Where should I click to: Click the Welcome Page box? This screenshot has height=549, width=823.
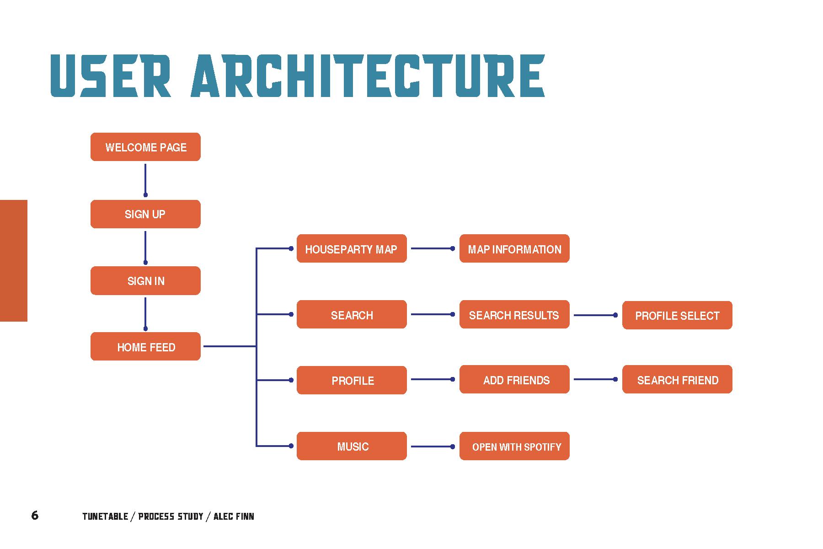[145, 147]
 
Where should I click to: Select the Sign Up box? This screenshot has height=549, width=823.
[145, 214]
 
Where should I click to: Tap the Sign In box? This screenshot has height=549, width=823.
[145, 280]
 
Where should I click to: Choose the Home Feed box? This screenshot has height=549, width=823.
[145, 346]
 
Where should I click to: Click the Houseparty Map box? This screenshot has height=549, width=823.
[352, 248]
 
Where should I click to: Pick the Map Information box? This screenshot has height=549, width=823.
[514, 248]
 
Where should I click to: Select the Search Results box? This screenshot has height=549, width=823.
[514, 314]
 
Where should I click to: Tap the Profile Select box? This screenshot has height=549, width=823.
[677, 315]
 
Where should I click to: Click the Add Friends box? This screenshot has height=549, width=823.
[514, 379]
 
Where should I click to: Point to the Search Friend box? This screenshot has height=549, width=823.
[677, 379]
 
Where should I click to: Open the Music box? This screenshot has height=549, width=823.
[352, 446]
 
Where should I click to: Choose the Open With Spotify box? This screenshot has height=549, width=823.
[514, 446]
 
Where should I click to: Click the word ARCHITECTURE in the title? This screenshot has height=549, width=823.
[368, 75]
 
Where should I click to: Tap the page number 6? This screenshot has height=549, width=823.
[35, 516]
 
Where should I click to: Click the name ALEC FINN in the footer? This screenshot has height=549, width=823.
[234, 517]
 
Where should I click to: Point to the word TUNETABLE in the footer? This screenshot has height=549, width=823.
[105, 517]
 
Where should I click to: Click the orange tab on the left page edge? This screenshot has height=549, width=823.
[14, 261]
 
